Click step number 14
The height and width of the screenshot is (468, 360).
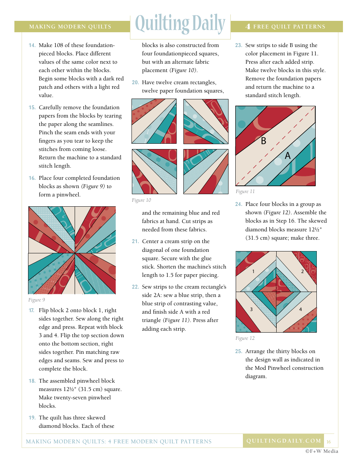(32, 46)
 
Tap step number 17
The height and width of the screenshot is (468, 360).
(32, 311)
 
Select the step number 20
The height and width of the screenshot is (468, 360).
(135, 83)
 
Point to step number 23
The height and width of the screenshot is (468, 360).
(238, 46)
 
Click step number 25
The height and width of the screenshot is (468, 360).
(238, 352)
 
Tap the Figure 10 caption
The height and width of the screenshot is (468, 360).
(141, 200)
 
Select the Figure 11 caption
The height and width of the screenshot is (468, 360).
(245, 192)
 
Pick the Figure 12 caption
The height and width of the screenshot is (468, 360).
(245, 338)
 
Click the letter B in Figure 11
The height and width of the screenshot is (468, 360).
(264, 141)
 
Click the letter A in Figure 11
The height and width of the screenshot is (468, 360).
(288, 155)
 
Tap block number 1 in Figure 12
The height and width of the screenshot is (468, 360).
(253, 272)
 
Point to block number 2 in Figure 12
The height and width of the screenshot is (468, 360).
(302, 272)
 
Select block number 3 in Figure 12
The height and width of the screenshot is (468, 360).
(251, 309)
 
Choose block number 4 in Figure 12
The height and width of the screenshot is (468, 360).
(301, 309)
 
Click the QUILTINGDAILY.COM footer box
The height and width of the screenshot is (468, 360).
(283, 441)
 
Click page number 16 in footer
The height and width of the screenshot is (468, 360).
(329, 442)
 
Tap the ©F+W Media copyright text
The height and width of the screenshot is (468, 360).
(322, 451)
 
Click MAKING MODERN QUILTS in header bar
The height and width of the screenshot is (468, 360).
(70, 27)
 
